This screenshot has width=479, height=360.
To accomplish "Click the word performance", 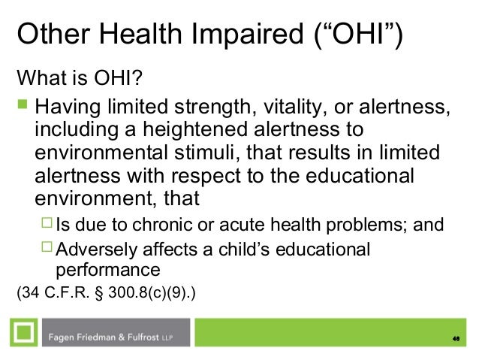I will tap(107, 268).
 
